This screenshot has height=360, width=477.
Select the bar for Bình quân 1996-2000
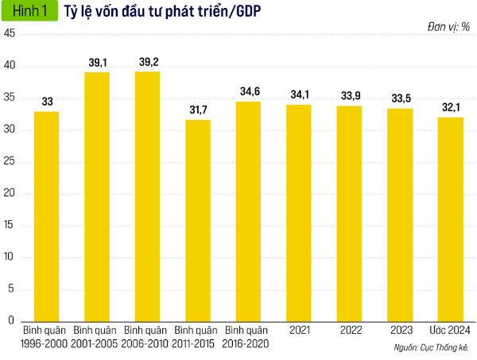47,216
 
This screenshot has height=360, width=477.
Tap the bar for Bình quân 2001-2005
97,196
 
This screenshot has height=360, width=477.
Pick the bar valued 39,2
147,196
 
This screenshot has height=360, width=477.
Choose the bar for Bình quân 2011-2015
198,220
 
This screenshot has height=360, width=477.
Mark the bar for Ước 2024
450,219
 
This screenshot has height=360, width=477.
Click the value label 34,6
248,91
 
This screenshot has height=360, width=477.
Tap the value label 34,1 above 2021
299,95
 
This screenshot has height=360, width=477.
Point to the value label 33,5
399,98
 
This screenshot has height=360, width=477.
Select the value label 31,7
198,110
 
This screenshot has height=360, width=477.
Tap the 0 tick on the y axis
12,320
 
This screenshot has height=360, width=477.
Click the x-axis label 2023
400,330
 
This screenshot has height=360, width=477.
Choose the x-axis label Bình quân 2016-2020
248,336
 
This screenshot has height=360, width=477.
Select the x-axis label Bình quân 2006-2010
147,336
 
